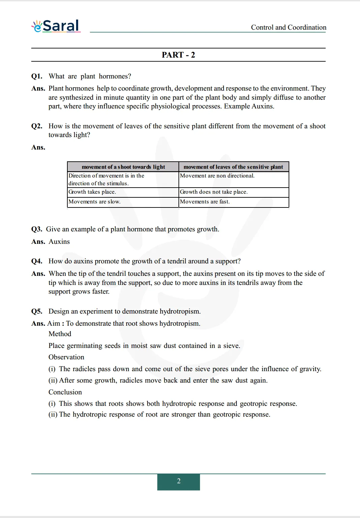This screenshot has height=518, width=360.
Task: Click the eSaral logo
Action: point(56,26)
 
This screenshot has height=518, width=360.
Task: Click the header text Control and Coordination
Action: point(289,27)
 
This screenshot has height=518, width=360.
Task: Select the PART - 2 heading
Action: point(178,55)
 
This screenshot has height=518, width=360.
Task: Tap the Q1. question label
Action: point(37,76)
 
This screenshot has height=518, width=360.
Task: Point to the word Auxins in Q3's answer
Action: point(59,241)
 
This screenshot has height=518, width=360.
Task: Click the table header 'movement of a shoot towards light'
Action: point(123,167)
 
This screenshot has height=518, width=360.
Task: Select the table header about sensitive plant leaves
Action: point(233,167)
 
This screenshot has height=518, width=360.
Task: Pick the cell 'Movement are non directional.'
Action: point(217,175)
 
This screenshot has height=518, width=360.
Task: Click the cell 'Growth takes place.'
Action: point(92,192)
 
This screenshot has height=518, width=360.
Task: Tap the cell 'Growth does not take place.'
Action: point(214,192)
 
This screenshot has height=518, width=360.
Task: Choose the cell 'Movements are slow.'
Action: point(95,201)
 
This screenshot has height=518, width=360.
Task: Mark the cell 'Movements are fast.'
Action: point(205,201)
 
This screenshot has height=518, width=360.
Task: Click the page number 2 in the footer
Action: point(178,481)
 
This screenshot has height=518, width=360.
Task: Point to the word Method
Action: point(60,334)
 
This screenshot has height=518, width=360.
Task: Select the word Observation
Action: point(66,357)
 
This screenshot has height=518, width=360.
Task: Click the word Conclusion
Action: point(65,392)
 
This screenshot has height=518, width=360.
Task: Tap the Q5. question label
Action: point(37,311)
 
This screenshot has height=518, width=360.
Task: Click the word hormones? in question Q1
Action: point(115,76)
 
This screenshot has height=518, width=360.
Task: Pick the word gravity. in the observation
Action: point(310,369)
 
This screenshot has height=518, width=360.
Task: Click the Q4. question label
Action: point(37,261)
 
